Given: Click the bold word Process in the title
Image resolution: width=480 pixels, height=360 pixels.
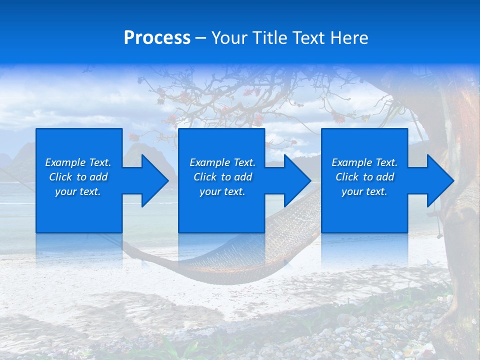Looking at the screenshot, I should coord(157,38).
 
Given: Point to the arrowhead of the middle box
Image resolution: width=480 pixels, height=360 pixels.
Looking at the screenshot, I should coord(296,180).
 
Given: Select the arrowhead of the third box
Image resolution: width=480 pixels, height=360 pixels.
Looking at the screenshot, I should coord(439,180).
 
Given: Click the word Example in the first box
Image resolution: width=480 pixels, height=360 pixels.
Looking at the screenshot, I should coord(65,162).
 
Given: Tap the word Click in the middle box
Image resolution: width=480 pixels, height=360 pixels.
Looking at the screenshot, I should coord(205,177).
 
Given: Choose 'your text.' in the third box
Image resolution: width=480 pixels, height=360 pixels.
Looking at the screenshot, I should coord(364,191).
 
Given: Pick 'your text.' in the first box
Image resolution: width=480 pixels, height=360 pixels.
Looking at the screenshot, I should coord(78,191).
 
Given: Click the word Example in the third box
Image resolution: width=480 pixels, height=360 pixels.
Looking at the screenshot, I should coord(352,162).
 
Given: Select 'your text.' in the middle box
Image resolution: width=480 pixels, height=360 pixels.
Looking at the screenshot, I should coord(222,191).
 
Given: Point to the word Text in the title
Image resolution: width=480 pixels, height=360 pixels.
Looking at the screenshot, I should coord(307,38).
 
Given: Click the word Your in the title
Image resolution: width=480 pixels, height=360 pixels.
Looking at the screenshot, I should coord(230,38).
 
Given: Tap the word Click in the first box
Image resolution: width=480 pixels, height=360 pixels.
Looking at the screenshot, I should coord(60,177).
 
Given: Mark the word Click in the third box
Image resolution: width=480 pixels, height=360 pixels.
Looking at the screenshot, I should coord(347,177).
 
